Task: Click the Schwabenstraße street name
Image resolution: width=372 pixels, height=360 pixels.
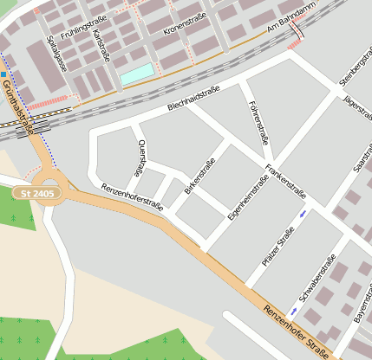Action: click(317, 278)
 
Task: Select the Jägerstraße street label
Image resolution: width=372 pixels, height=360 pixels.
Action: click(355, 112)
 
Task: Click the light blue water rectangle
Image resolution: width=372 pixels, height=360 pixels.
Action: click(137, 74)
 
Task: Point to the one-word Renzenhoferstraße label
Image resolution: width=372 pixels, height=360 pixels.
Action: click(132, 197)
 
